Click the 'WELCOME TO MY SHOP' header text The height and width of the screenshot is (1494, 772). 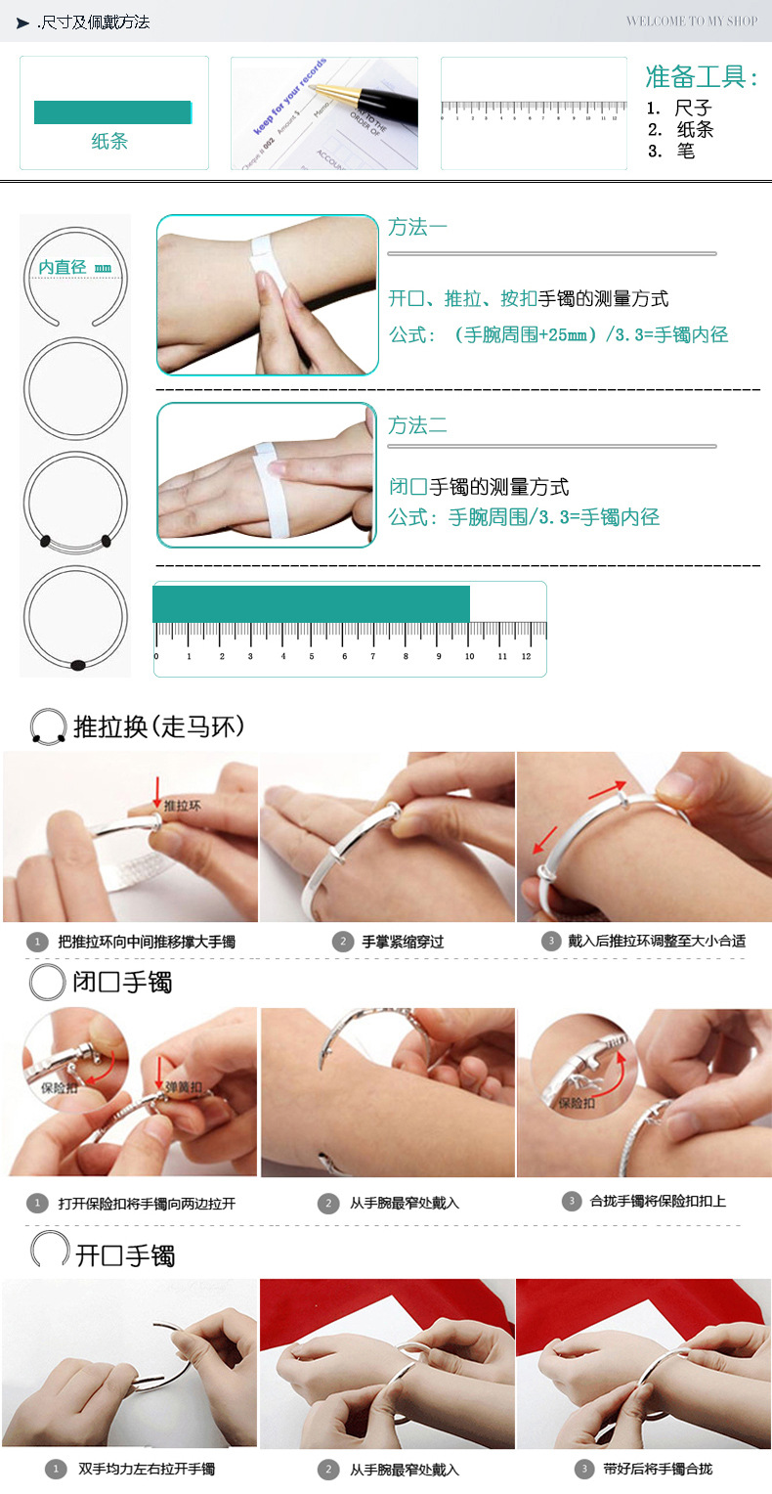691,21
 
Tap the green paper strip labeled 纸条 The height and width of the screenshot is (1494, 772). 112,112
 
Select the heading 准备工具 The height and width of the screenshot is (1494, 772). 702,77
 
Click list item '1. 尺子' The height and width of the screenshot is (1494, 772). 680,109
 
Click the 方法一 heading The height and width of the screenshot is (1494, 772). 417,227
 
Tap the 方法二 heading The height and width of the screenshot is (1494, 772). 417,425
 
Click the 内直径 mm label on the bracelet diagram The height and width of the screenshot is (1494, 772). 75,267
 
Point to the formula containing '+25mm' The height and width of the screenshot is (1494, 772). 558,334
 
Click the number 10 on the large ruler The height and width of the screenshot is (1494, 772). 470,656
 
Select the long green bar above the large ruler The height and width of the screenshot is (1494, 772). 311,603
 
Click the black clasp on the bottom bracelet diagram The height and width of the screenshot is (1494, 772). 78,665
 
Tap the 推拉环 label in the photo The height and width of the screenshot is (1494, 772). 182,806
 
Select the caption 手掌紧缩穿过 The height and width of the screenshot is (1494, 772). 403,942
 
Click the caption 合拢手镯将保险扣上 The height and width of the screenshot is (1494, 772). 658,1201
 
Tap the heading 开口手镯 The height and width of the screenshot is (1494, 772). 125,1255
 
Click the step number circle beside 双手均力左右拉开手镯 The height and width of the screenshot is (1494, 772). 55,1469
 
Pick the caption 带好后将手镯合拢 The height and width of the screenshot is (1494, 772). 658,1469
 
